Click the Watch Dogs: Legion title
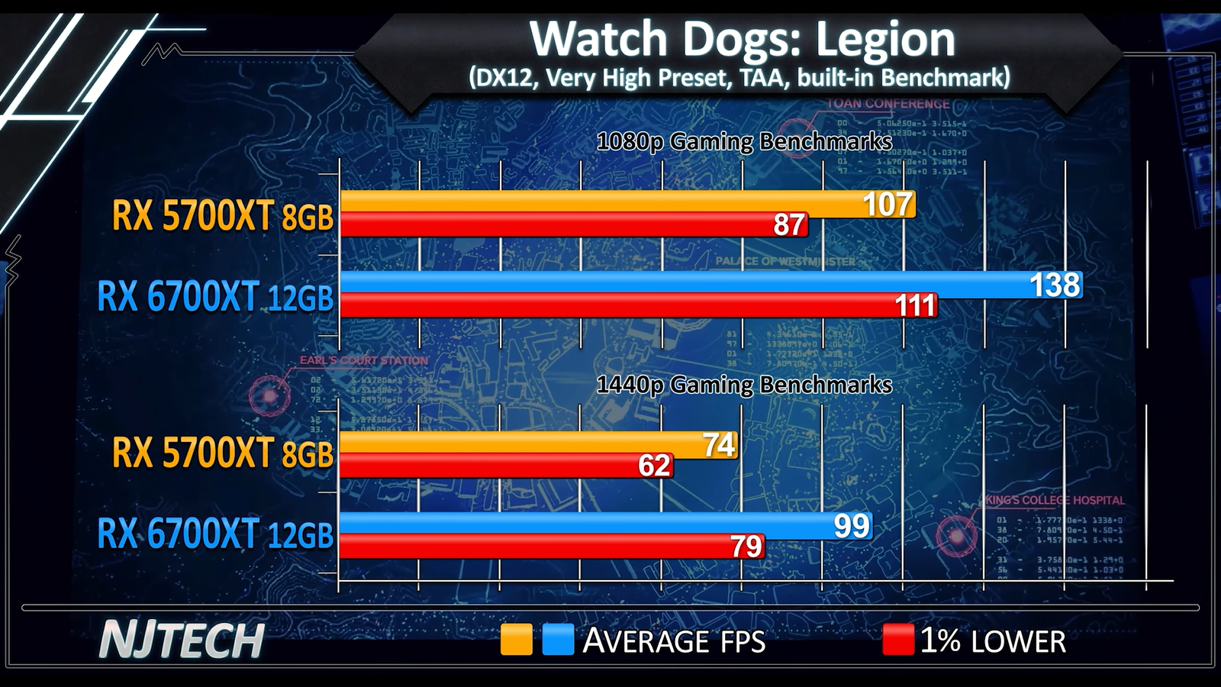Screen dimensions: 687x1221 point(742,39)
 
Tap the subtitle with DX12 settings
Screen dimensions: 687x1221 point(739,78)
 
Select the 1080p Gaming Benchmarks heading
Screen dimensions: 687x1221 point(744,142)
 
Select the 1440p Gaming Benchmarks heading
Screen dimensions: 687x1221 point(744,385)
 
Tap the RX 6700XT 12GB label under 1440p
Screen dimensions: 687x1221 point(215,534)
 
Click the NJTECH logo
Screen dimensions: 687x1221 point(182,640)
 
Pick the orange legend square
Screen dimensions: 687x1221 point(516,640)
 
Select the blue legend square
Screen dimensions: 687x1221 point(558,640)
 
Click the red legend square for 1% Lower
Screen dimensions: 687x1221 point(897,640)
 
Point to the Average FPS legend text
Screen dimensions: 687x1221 point(674,640)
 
